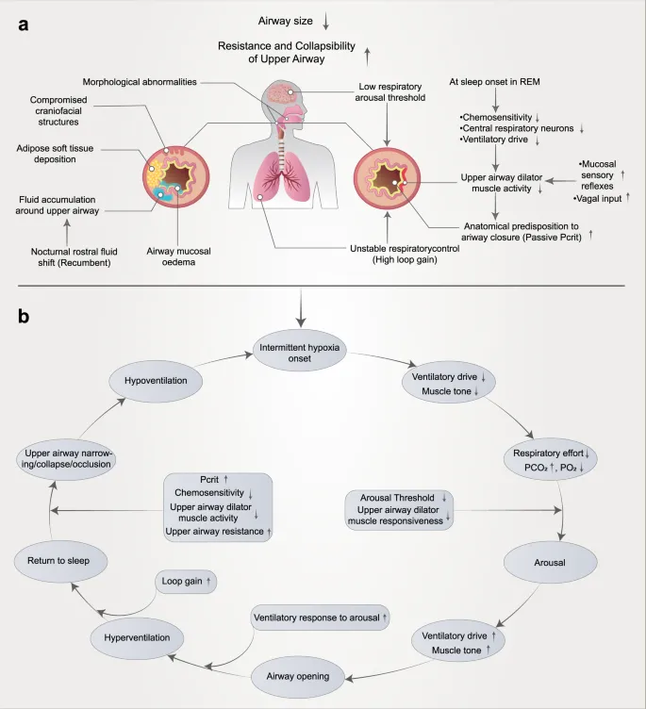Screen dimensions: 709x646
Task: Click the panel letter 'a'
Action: [x=24, y=25]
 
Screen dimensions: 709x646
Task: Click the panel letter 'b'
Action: [x=25, y=317]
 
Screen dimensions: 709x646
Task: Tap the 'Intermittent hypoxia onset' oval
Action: [x=299, y=353]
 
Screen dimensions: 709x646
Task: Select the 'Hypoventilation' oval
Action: [x=162, y=380]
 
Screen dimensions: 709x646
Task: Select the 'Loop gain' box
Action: [x=186, y=582]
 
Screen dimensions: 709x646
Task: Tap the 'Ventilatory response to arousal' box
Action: [x=321, y=618]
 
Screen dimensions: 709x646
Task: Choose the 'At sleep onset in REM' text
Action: [x=507, y=81]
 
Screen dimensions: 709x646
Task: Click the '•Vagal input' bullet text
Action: [x=601, y=200]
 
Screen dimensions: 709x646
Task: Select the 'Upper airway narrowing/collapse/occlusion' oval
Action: [x=69, y=459]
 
